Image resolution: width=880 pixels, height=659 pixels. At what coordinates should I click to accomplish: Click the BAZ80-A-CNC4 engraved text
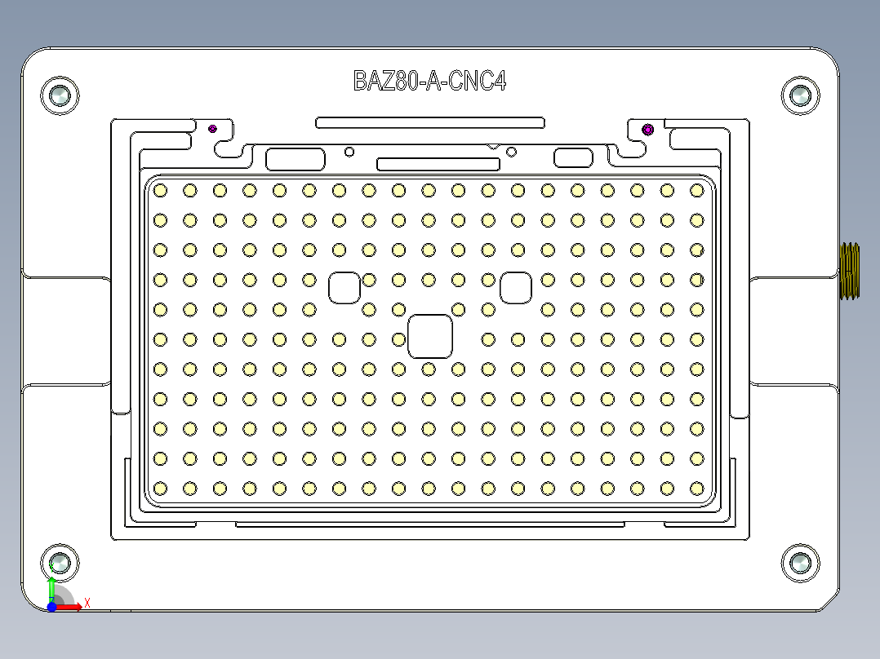coord(429,81)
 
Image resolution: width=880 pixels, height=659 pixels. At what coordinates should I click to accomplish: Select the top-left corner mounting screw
coord(60,96)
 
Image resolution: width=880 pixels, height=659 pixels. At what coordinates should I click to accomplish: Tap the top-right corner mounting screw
coord(799,96)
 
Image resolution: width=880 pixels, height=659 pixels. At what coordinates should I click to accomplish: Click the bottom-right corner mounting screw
coord(799,564)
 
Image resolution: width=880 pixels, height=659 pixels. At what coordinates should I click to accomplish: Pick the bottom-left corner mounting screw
coord(60,563)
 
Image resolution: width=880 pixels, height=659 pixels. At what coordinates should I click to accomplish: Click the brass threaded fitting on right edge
coord(850,271)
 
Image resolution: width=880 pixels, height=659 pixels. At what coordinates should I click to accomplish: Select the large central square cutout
coord(430,336)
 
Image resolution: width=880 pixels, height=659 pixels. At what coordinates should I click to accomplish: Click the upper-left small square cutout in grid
coord(344,287)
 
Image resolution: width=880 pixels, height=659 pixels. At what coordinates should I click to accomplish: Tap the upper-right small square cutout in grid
coord(516,287)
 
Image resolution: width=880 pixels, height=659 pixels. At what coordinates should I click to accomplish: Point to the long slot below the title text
coord(430,122)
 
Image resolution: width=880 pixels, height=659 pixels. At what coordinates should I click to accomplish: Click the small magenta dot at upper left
coord(213,128)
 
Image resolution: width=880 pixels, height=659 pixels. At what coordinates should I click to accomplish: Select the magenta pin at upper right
coord(648,129)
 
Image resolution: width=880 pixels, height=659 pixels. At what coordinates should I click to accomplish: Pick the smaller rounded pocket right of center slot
coord(573,157)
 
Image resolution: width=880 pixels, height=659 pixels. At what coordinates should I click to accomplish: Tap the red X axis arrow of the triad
coord(73,607)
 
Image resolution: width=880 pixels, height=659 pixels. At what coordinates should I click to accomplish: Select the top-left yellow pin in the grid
coord(160,190)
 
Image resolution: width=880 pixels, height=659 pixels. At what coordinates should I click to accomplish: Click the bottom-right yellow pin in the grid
coord(696,488)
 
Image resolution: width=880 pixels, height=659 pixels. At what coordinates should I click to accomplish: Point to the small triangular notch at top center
coord(493,147)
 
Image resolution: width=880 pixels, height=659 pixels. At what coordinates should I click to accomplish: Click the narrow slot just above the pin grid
coord(438,164)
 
